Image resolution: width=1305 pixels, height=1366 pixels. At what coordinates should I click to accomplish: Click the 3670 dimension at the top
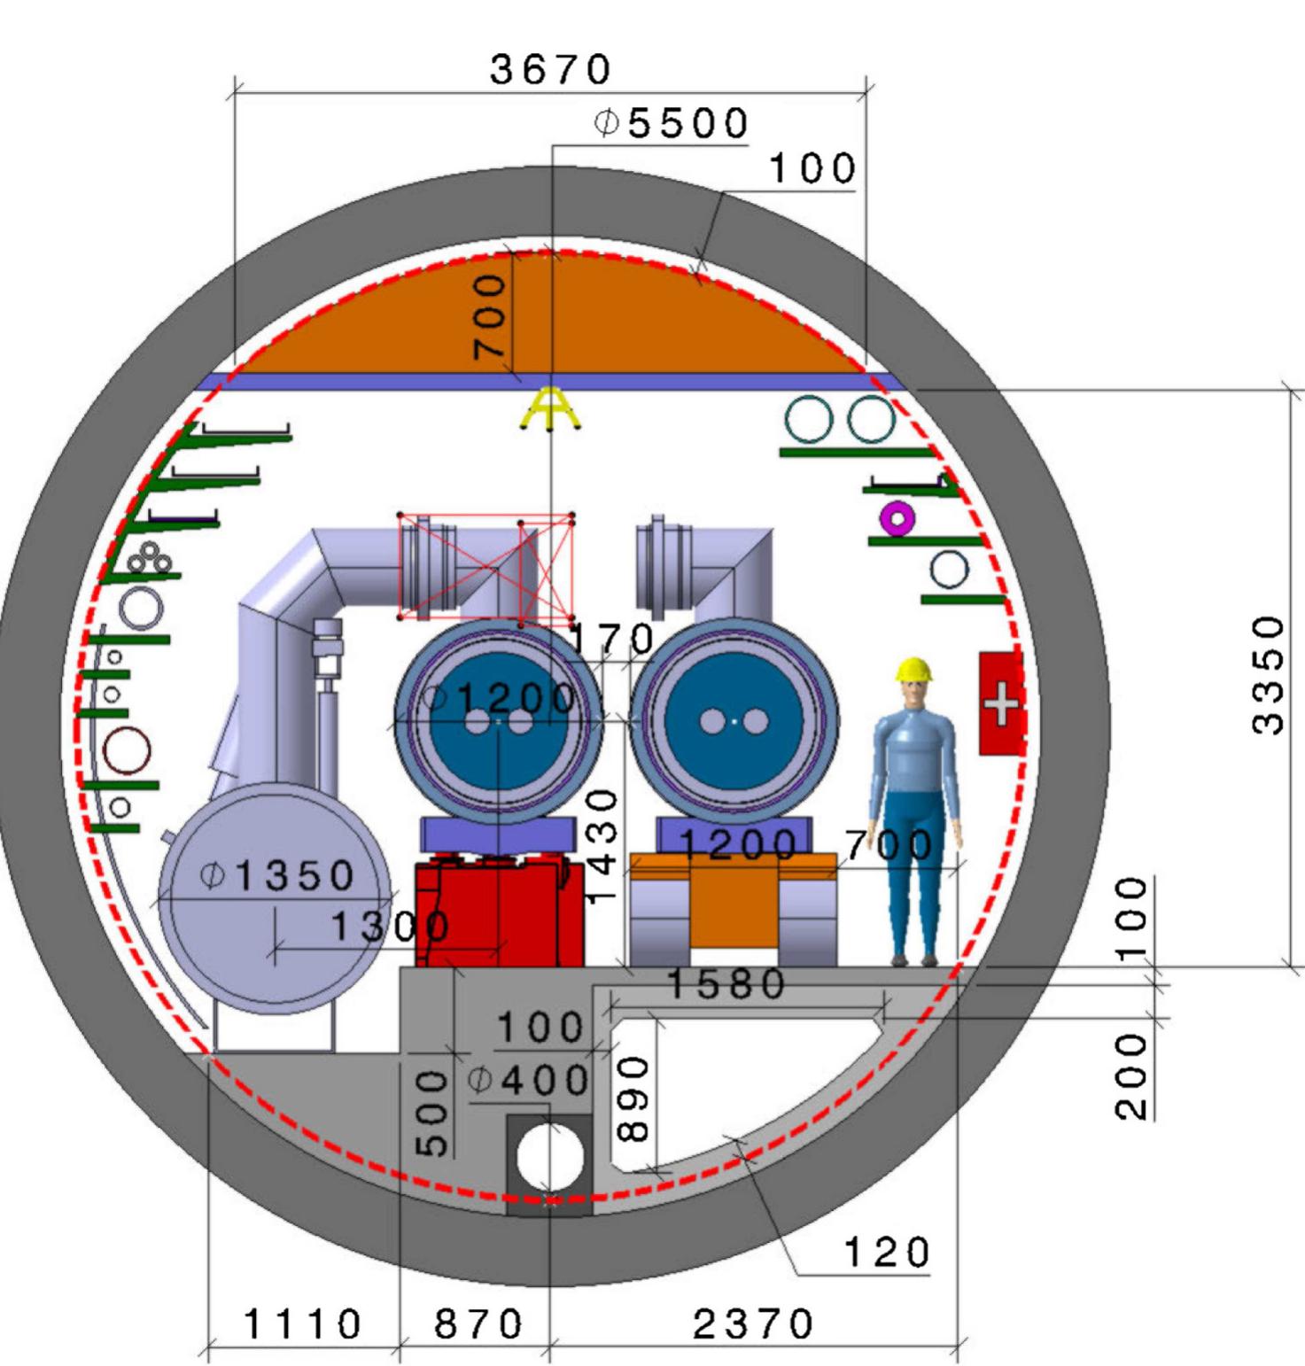point(550,69)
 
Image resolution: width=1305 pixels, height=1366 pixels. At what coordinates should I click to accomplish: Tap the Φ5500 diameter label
point(671,123)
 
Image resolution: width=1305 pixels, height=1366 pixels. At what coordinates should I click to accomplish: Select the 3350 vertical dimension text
point(1268,675)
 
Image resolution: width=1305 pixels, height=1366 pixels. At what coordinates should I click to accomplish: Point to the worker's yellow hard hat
point(914,670)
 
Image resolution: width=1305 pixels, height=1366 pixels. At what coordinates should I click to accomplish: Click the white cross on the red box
point(1002,703)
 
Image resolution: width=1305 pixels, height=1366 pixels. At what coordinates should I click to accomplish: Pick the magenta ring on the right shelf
point(897,518)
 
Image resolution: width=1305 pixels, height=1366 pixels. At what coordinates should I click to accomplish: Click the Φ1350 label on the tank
point(277,876)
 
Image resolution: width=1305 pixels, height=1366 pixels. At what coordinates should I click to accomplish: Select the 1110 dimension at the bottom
point(302,1325)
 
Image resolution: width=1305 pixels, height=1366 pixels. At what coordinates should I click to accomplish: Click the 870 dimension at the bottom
point(478,1325)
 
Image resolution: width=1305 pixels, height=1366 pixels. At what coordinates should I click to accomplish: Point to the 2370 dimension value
point(752,1325)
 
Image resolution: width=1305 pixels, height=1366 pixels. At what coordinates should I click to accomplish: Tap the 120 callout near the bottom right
point(886,1253)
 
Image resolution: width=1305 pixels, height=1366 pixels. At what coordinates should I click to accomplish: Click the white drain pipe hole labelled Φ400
point(550,1158)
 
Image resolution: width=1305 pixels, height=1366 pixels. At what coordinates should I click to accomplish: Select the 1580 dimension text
point(725,984)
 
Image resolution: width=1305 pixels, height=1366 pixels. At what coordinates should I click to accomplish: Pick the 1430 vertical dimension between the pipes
point(602,846)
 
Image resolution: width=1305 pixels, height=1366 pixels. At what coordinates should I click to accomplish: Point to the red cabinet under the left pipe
point(499,912)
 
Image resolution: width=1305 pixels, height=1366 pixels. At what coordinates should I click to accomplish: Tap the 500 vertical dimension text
point(432,1114)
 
